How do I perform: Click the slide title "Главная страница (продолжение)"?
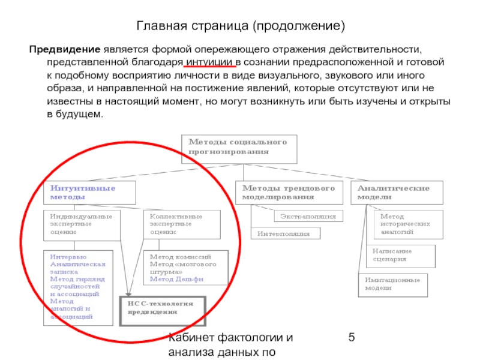240,26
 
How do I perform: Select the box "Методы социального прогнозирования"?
239,148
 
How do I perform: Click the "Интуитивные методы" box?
90,193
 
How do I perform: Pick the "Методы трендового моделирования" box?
289,193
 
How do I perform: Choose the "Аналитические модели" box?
398,193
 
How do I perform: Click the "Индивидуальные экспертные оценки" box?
81,224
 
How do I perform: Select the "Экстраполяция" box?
308,216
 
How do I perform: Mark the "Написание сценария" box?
401,256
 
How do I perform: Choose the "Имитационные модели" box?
393,284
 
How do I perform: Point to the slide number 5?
352,340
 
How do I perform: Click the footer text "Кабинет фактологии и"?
229,340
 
